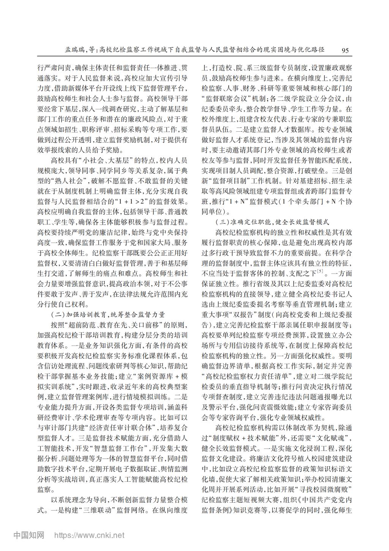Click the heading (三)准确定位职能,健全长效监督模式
[x=272, y=221]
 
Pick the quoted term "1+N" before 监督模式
[x=239, y=202]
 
